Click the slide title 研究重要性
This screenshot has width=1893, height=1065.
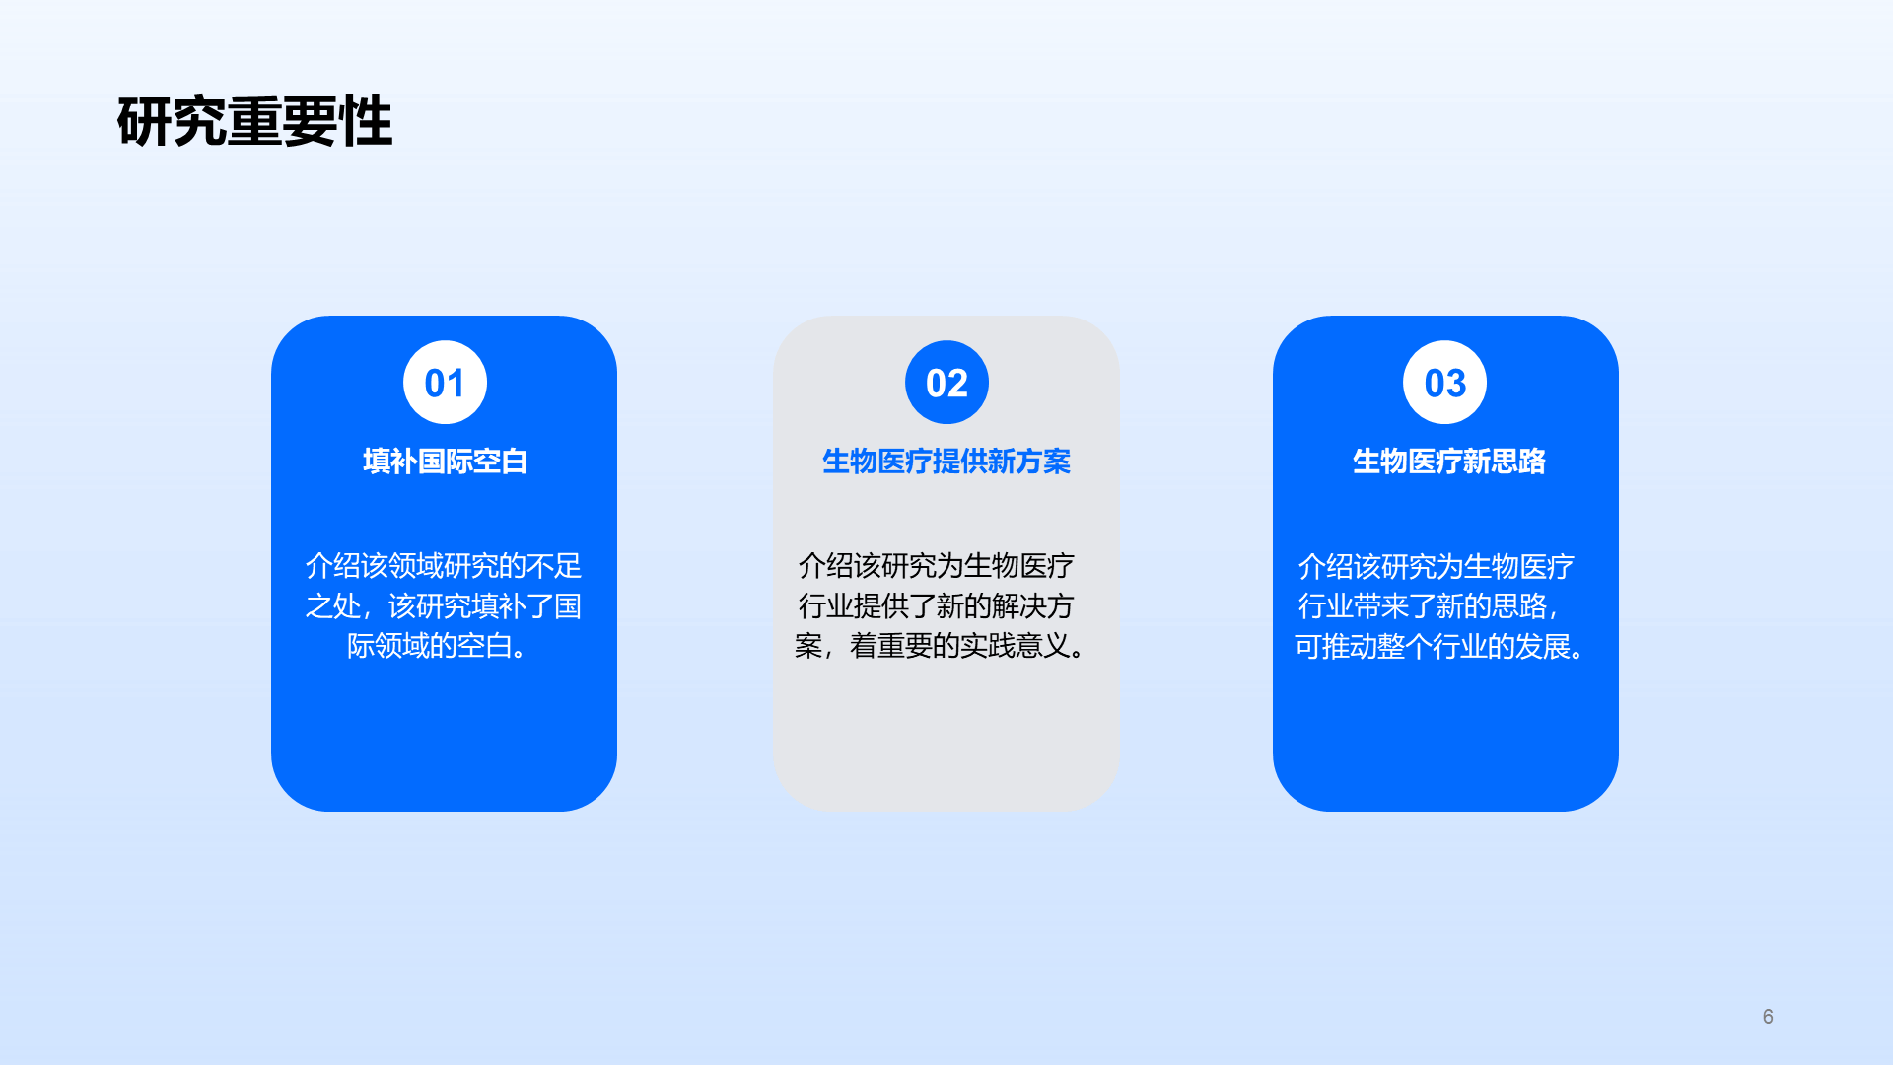click(x=254, y=122)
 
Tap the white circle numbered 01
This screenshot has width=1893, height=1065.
click(x=445, y=383)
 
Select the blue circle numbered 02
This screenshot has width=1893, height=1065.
click(x=946, y=383)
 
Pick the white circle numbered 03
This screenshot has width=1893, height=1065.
click(x=1444, y=383)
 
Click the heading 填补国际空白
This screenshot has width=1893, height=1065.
click(x=445, y=461)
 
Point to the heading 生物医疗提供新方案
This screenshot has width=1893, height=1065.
click(x=946, y=461)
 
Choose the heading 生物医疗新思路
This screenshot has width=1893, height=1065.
click(x=1448, y=461)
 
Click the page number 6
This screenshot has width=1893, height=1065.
click(x=1768, y=1017)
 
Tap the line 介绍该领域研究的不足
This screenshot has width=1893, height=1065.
click(x=444, y=566)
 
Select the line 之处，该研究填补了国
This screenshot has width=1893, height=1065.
click(x=444, y=605)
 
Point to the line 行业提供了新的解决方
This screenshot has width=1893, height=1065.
click(x=936, y=605)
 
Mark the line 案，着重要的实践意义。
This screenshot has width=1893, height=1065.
click(x=942, y=646)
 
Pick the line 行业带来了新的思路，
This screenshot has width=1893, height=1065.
click(x=1429, y=606)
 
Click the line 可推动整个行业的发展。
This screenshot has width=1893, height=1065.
click(x=1441, y=647)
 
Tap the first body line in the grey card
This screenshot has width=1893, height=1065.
click(x=936, y=566)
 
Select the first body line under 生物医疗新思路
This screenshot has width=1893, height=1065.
click(x=1436, y=567)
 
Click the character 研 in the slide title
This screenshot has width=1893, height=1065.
click(x=144, y=122)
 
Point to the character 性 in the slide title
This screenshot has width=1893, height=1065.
click(x=366, y=122)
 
